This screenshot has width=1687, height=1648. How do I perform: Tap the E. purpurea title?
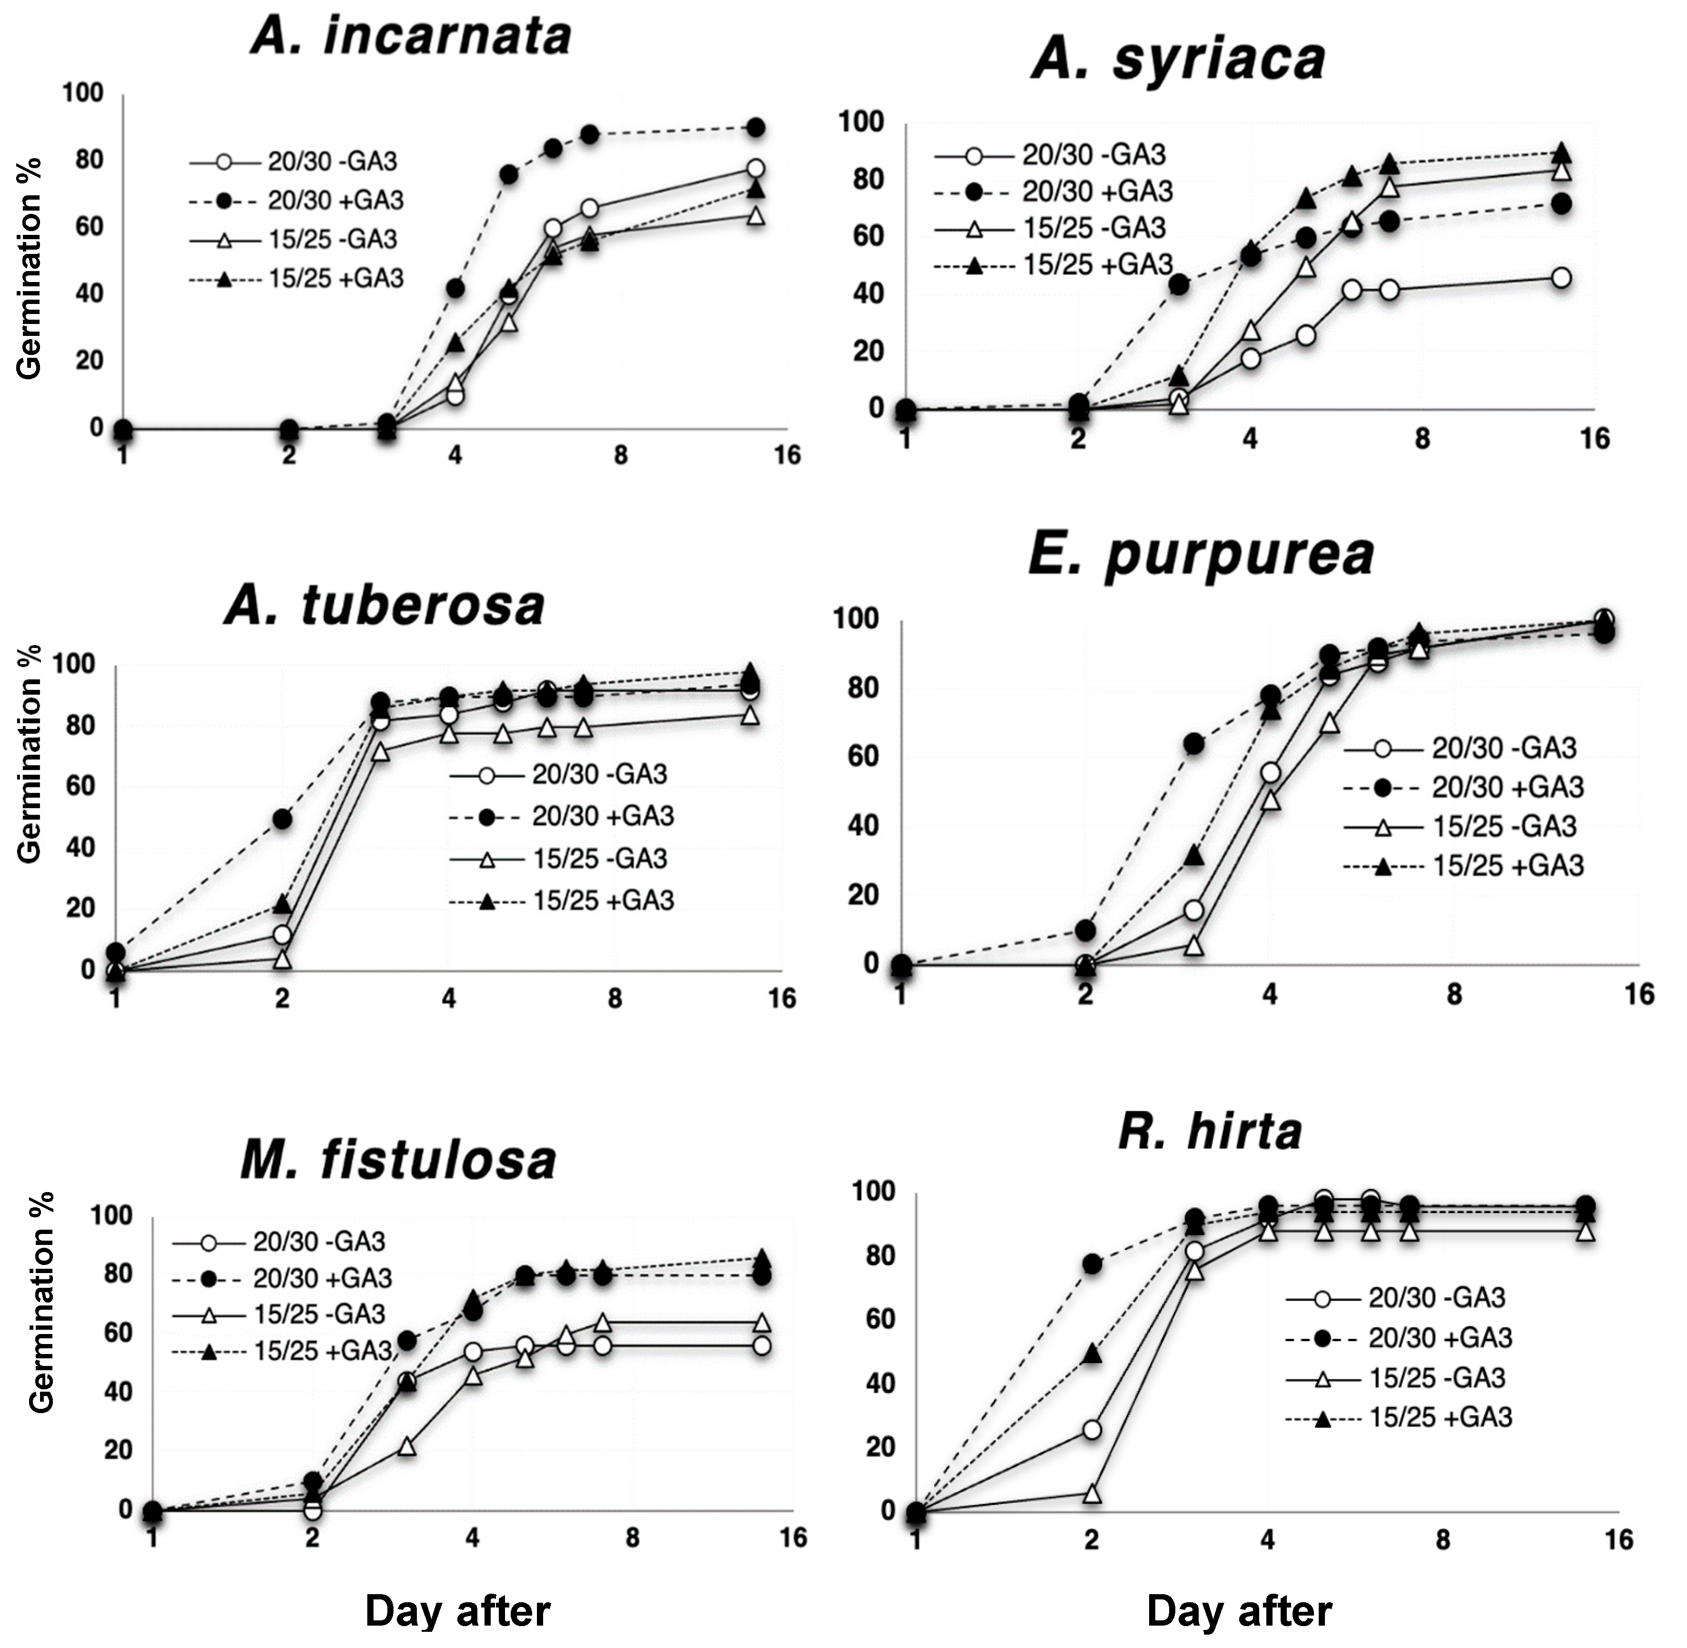[x=1201, y=554]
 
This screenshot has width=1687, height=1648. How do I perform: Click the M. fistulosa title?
[x=398, y=1160]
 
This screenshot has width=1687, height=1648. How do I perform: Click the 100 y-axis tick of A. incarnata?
[x=82, y=92]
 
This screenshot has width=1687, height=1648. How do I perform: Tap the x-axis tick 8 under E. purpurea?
[x=1454, y=994]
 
